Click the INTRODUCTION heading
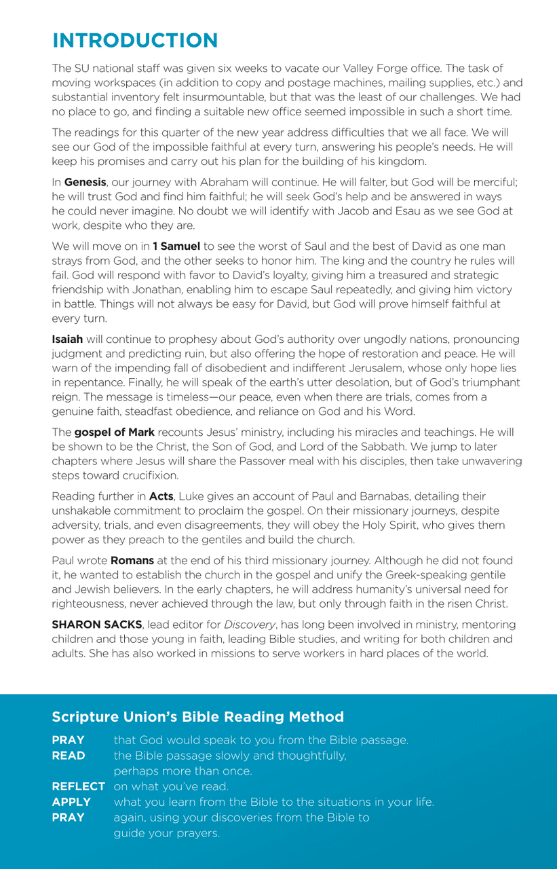click(135, 40)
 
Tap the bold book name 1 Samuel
click(176, 246)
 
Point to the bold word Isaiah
click(67, 339)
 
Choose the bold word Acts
click(161, 497)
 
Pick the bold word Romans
click(134, 560)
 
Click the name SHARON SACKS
click(96, 625)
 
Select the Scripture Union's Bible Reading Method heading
click(197, 717)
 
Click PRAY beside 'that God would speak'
click(68, 740)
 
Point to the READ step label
click(69, 756)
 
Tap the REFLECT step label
click(79, 787)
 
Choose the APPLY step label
click(71, 802)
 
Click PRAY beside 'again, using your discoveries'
click(68, 818)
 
